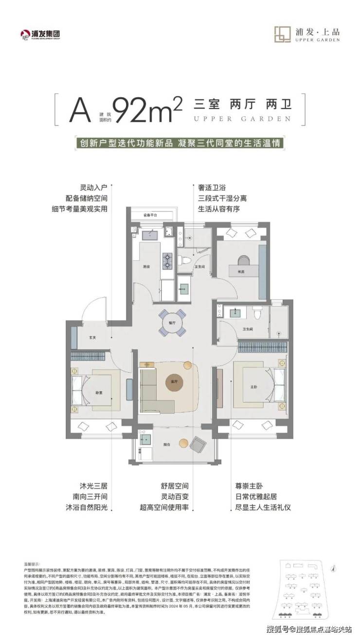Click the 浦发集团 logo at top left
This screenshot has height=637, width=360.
click(x=43, y=34)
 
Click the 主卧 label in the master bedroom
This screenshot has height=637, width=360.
click(x=253, y=387)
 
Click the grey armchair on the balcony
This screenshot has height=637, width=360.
click(x=198, y=444)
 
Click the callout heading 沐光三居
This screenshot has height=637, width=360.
click(x=93, y=485)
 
